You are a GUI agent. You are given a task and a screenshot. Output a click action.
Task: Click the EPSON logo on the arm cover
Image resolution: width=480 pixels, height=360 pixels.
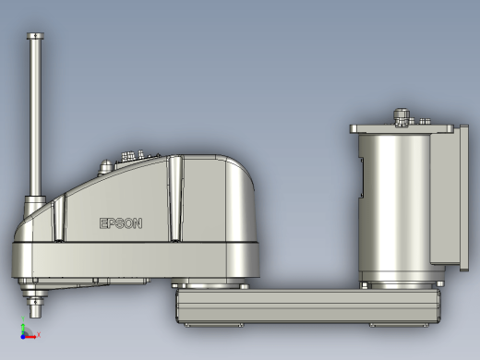coord(121,223)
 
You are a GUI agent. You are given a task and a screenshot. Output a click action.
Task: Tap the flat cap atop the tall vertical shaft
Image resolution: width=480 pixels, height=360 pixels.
coord(35,36)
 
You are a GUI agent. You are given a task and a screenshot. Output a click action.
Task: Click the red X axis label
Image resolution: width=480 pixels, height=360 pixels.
coord(39,334)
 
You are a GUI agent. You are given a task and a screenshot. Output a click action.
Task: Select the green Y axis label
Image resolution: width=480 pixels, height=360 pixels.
coord(23,318)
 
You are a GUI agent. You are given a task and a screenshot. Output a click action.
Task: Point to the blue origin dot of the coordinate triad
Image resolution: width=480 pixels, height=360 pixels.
coord(23,337)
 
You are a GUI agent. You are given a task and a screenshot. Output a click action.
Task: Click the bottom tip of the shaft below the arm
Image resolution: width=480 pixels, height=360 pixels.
coord(35,317)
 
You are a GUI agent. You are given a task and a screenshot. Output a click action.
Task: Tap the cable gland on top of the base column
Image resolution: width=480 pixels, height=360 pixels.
coord(402,117)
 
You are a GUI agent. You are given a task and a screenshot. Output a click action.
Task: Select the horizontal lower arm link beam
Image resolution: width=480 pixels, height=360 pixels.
coord(307,306)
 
